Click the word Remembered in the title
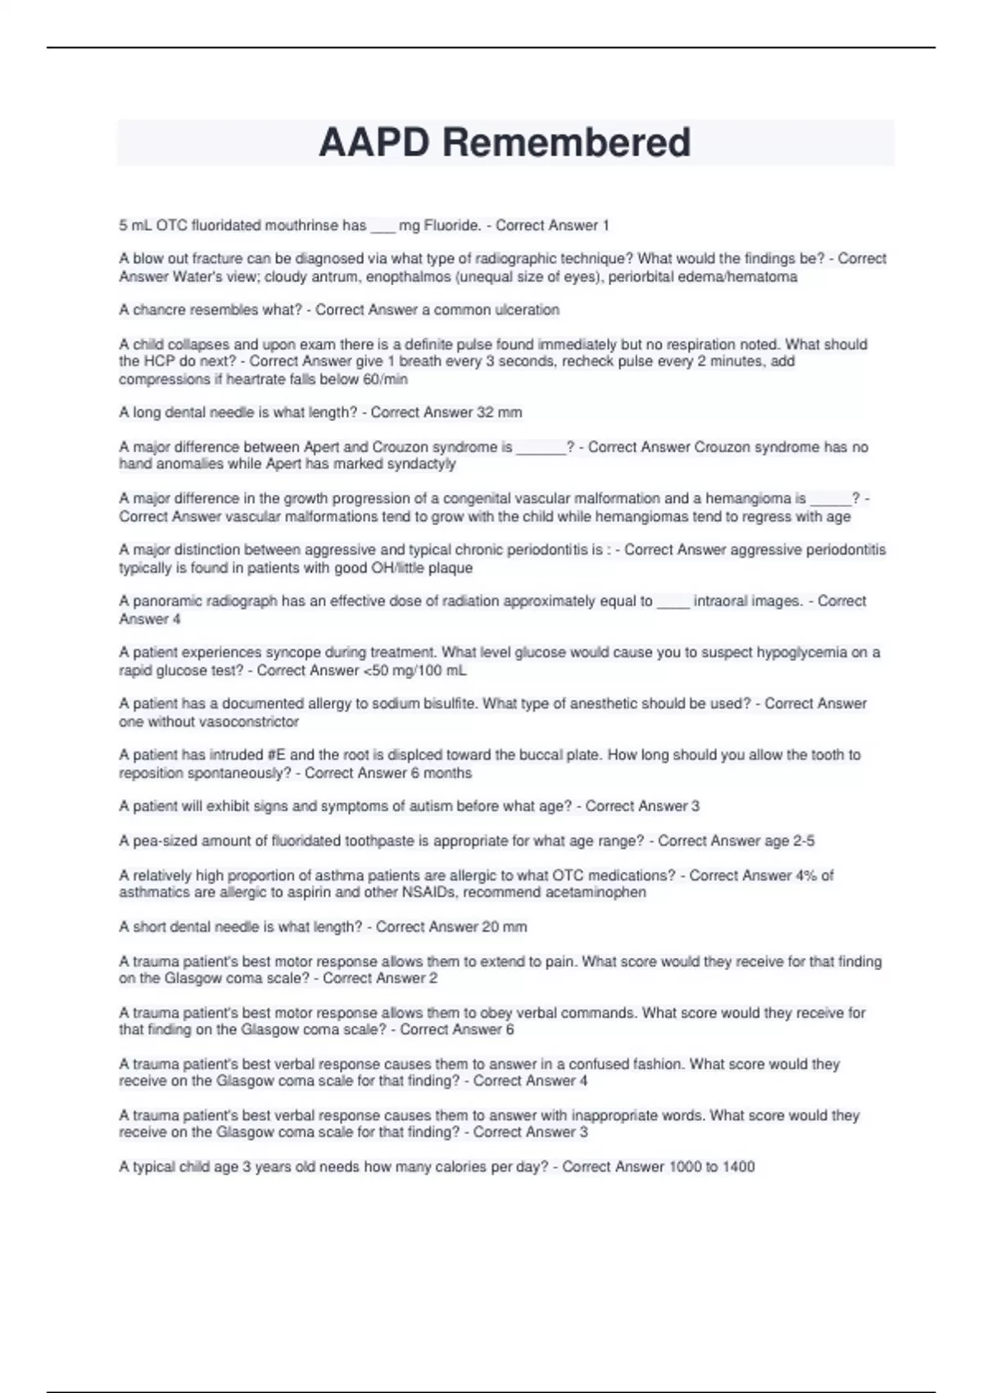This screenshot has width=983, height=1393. coord(566,143)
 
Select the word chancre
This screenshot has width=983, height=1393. coord(161,310)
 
